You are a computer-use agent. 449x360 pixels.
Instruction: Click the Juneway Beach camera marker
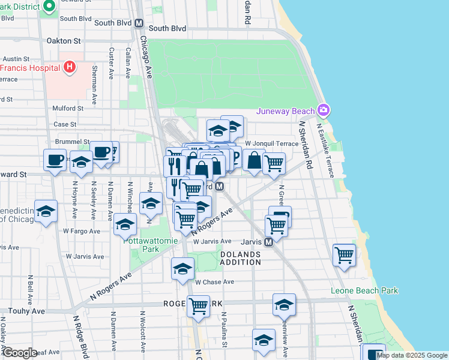click(324, 110)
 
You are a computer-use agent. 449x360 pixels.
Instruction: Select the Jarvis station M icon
click(269, 242)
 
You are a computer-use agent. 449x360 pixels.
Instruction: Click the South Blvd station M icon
click(139, 23)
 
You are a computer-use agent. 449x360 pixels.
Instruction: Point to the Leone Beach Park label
click(364, 291)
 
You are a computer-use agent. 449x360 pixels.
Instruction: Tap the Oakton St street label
click(64, 41)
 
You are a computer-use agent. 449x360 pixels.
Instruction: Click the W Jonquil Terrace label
click(271, 143)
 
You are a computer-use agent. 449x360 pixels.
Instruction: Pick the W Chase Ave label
click(214, 281)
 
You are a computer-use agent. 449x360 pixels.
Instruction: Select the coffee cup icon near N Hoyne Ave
click(55, 160)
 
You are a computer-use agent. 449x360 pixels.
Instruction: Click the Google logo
click(19, 353)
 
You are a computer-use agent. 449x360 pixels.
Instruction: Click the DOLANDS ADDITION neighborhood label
click(240, 259)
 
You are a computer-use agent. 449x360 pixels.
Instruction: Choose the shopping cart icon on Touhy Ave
click(198, 306)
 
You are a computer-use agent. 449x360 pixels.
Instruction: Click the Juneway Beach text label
click(286, 110)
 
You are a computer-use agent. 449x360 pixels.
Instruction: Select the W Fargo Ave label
click(82, 230)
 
